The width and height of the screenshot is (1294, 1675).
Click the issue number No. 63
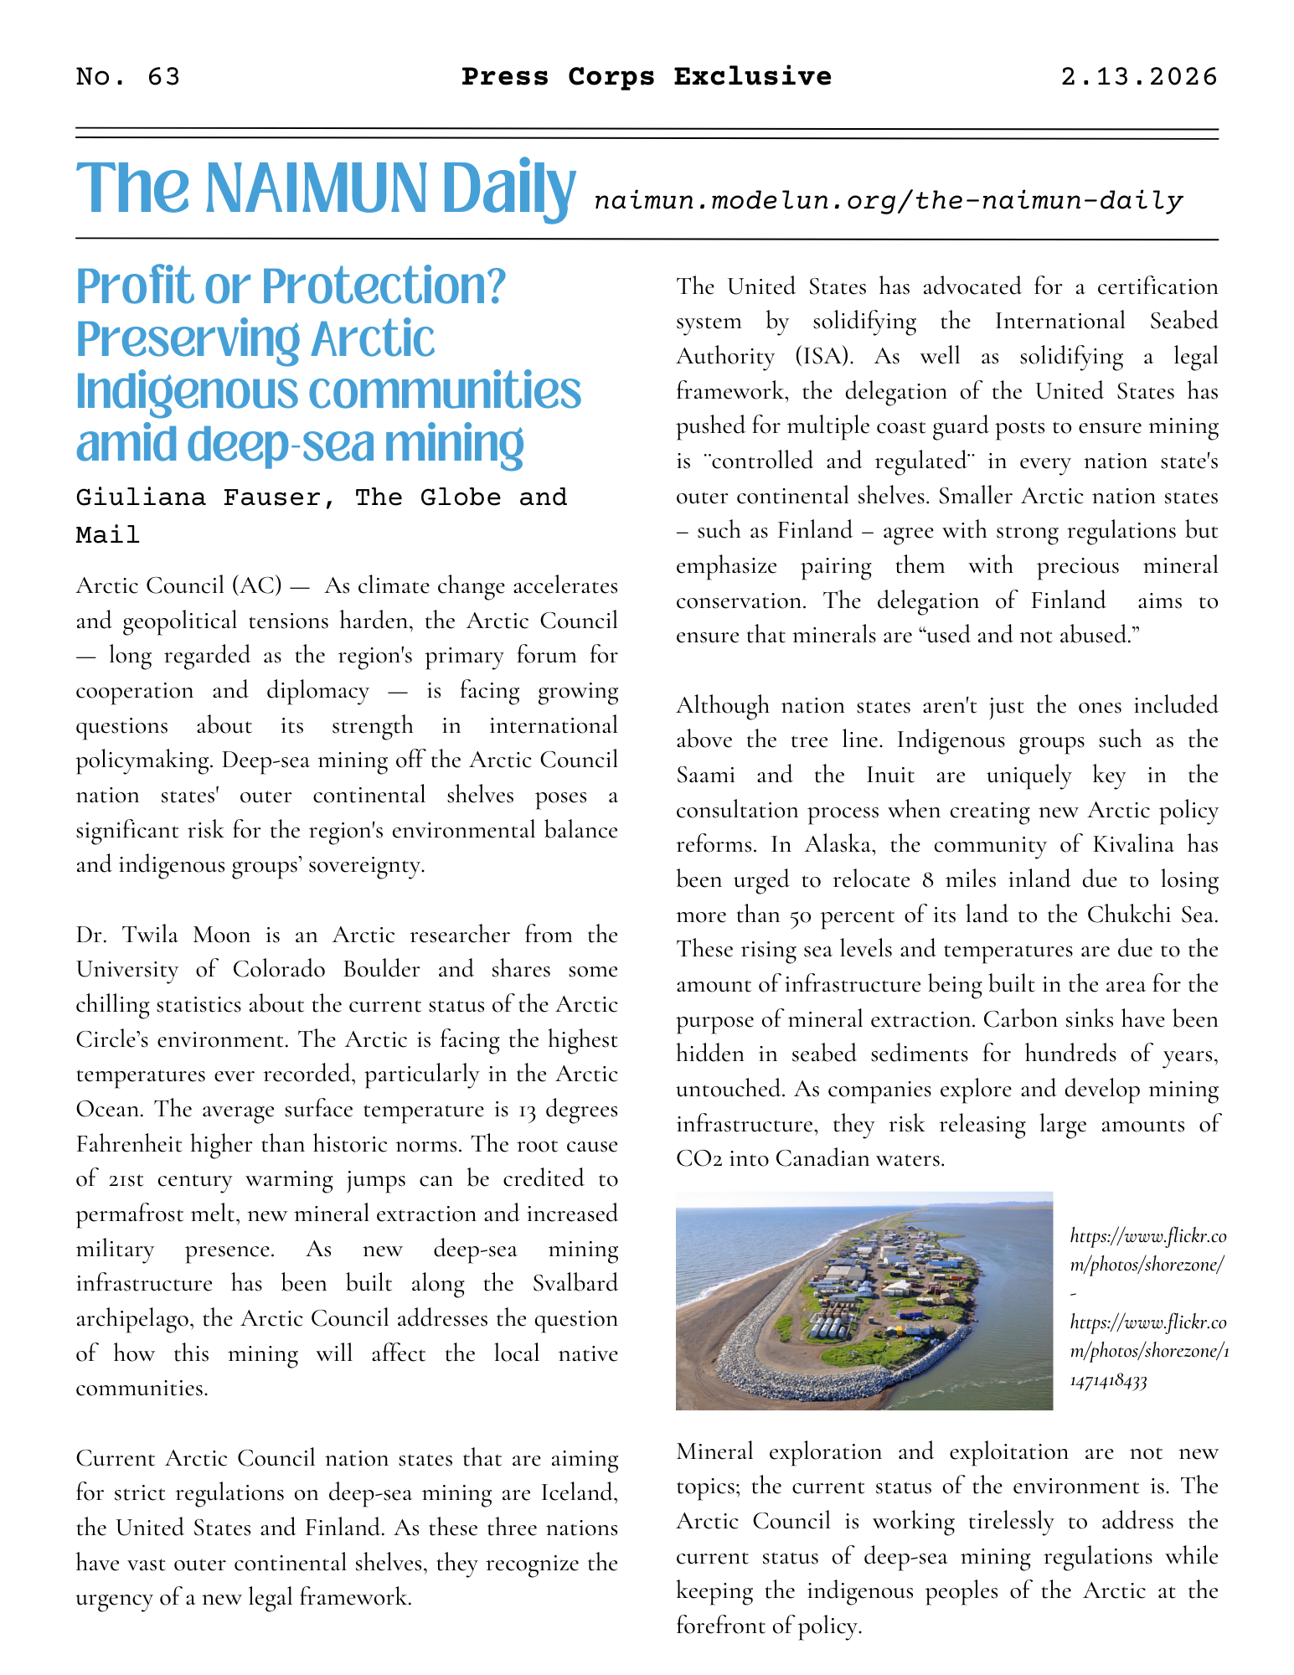coord(127,77)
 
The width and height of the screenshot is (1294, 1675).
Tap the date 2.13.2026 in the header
coord(1138,77)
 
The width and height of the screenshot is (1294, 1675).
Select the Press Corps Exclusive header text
coord(647,77)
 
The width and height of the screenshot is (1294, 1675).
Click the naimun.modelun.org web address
coord(888,201)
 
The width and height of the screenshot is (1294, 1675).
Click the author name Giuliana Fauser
coord(205,497)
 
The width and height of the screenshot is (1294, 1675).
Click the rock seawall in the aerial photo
coord(804,1366)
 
